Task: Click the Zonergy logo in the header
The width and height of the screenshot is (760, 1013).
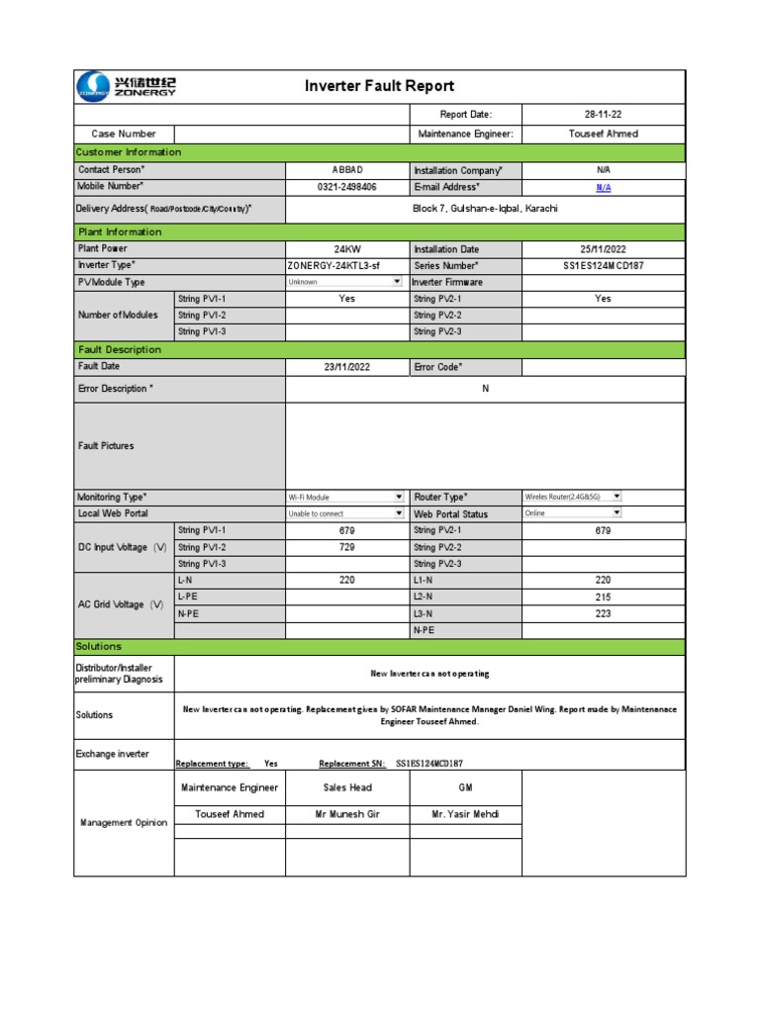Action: [x=125, y=86]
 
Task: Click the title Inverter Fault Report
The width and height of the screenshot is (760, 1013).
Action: [x=380, y=86]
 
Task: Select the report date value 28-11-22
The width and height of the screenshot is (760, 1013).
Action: [x=603, y=115]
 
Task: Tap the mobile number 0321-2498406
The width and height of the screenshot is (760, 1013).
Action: [x=346, y=187]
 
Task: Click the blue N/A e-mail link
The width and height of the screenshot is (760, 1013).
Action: [x=603, y=187]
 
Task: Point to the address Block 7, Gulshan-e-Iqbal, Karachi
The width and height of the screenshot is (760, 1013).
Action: [x=485, y=209]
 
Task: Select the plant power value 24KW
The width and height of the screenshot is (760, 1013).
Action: [x=346, y=249]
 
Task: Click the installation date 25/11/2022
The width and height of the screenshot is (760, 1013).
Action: [x=603, y=249]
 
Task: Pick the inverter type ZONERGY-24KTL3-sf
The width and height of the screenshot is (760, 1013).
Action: [x=332, y=266]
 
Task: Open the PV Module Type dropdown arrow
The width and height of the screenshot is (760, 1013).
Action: [x=398, y=282]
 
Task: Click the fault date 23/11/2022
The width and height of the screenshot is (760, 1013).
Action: [x=346, y=367]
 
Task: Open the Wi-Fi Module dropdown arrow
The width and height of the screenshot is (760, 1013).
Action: [x=399, y=497]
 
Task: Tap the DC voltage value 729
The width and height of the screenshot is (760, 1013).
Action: [x=346, y=547]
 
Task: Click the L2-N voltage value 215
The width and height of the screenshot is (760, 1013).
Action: [x=603, y=598]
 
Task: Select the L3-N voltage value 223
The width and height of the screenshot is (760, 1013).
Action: [x=603, y=614]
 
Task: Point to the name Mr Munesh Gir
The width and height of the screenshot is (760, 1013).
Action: [x=346, y=814]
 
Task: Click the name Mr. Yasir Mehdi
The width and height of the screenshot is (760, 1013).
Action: [x=465, y=814]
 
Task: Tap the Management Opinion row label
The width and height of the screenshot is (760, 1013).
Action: [x=124, y=822]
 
